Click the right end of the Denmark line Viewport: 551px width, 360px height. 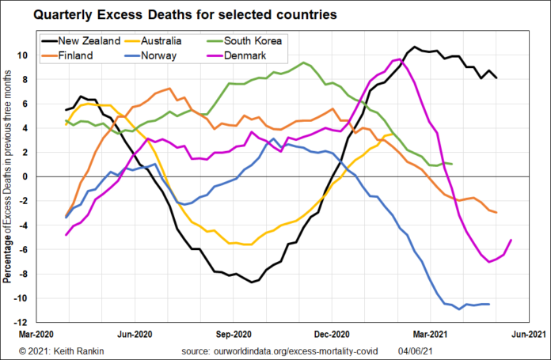(511, 240)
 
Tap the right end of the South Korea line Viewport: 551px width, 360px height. (451, 164)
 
